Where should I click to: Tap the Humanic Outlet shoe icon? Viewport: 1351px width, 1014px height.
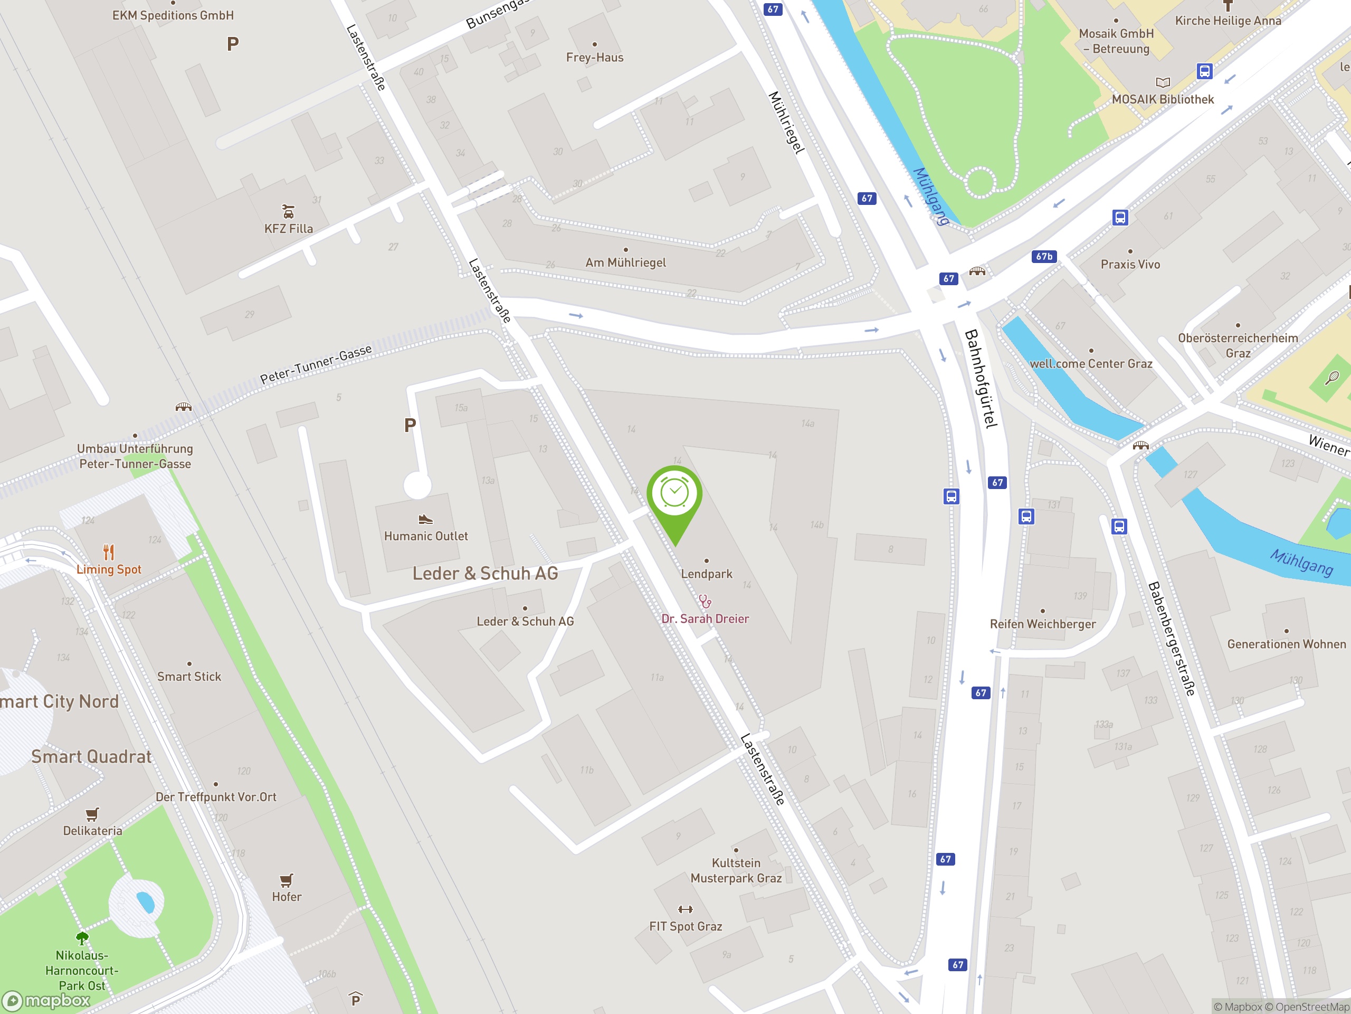(426, 520)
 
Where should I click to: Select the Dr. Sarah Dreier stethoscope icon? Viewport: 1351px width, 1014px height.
(705, 602)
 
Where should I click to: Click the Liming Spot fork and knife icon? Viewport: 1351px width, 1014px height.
(109, 552)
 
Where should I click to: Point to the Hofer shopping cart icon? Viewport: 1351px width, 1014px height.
(287, 880)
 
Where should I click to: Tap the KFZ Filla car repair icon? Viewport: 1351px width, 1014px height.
(288, 211)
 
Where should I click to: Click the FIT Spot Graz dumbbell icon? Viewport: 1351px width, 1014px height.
(686, 909)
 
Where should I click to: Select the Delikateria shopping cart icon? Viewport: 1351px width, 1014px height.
(92, 814)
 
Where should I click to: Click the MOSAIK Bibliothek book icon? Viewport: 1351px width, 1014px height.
(1163, 82)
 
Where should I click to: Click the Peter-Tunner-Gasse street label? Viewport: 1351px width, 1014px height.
(316, 364)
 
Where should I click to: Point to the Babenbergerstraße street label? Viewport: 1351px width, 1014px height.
(1172, 638)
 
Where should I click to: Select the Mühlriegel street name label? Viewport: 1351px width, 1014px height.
(786, 122)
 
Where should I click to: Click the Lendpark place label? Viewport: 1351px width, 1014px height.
(707, 574)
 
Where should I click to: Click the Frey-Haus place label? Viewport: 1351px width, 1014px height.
(594, 58)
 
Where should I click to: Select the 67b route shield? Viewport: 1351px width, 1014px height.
(1044, 257)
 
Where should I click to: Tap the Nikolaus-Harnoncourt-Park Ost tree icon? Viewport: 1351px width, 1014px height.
(82, 937)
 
